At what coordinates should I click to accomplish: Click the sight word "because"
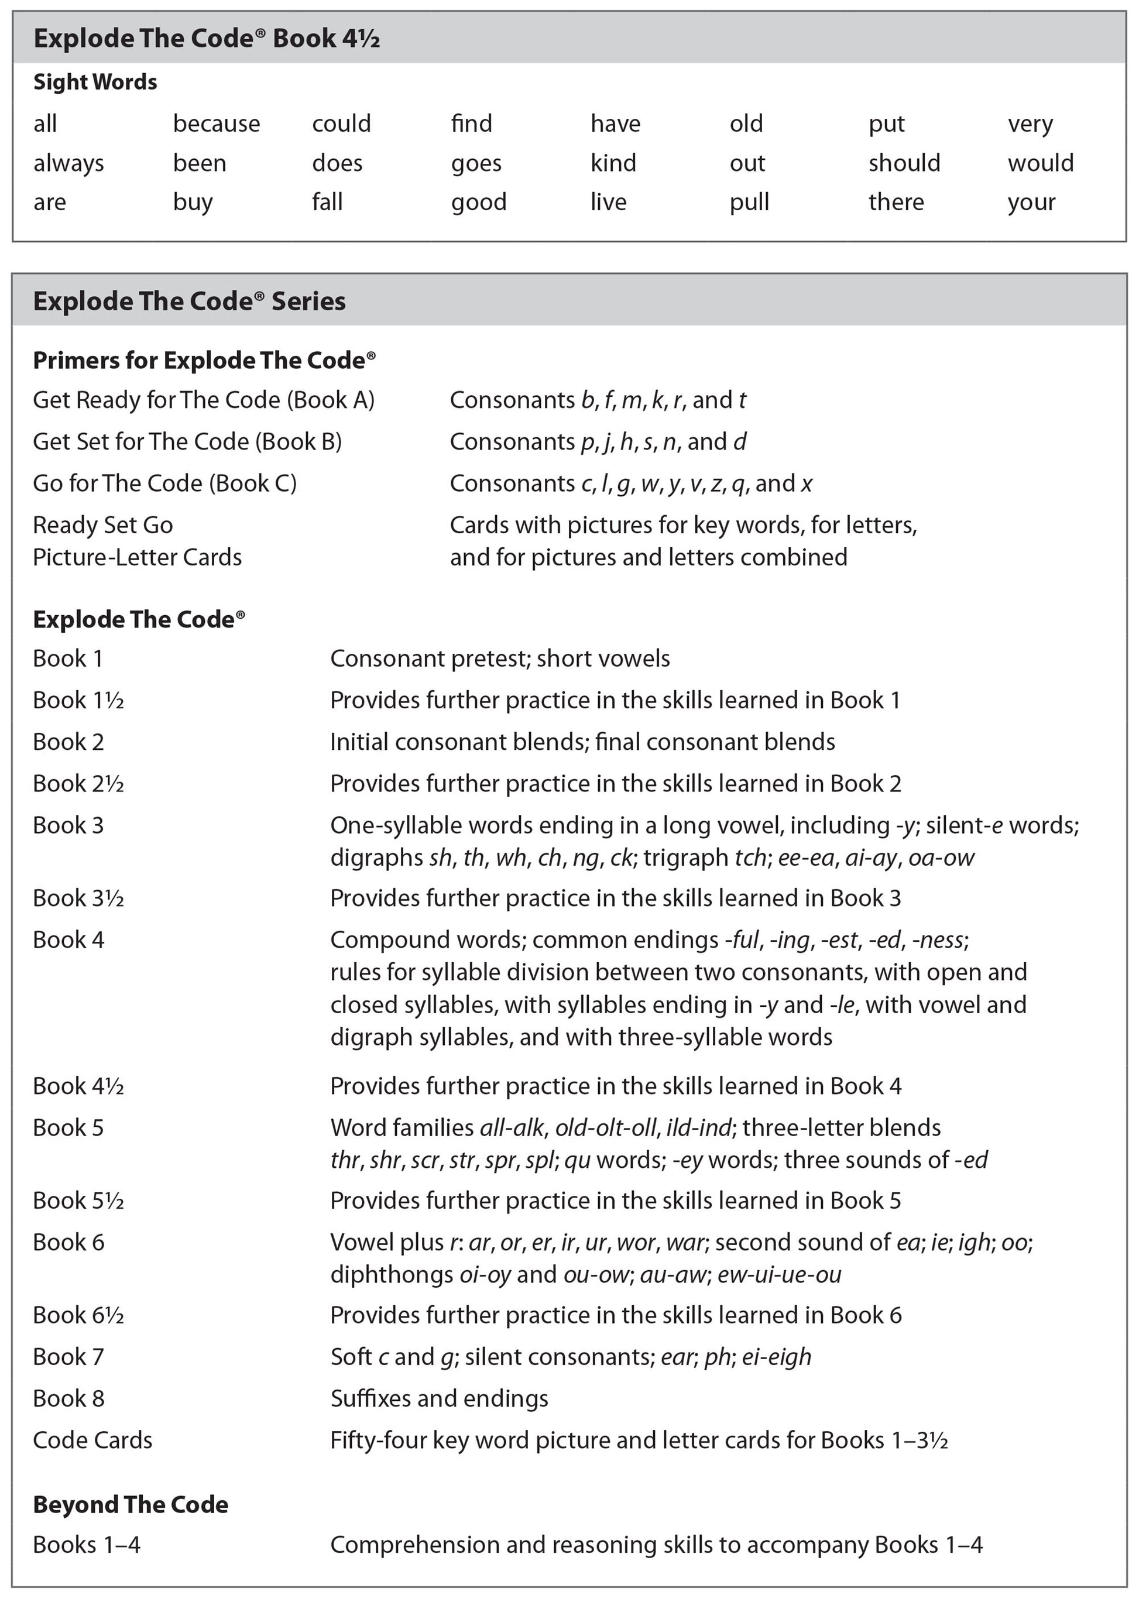click(x=216, y=124)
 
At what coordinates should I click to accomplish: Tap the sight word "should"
click(x=904, y=163)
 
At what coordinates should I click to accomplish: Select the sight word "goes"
click(x=476, y=164)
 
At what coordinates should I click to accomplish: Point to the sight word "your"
click(x=1031, y=203)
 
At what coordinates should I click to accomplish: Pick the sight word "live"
click(x=608, y=202)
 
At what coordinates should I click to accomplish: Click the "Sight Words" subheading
click(x=95, y=82)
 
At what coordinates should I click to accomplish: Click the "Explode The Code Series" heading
click(x=190, y=301)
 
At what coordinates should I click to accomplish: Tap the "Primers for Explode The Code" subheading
click(x=204, y=361)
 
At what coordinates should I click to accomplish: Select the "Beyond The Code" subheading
click(x=131, y=1505)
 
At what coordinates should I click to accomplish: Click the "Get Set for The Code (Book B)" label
click(x=187, y=442)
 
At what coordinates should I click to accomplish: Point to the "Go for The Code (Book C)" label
click(x=165, y=483)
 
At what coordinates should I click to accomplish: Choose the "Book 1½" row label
click(x=78, y=700)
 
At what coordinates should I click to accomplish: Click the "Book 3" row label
click(x=68, y=826)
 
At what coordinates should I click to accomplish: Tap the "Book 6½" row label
click(x=78, y=1315)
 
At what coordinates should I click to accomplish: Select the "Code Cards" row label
click(x=92, y=1440)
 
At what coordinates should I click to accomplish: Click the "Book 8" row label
click(x=68, y=1399)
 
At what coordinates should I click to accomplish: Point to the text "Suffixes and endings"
click(x=439, y=1399)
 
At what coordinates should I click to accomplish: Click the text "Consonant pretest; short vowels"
click(x=500, y=659)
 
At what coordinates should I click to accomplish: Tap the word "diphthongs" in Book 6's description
click(x=392, y=1275)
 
